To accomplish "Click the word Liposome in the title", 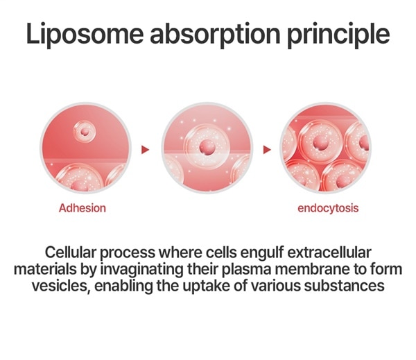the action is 85,35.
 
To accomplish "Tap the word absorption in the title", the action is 215,35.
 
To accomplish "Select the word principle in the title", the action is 338,35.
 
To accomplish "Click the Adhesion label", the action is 83,208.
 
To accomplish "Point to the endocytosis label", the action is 328,208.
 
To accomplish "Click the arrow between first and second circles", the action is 146,149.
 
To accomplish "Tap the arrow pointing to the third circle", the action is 267,149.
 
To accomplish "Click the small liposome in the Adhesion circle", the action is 85,131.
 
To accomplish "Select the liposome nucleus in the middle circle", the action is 207,148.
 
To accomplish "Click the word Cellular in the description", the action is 70,252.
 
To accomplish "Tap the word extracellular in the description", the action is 329,252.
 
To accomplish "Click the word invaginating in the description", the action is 141,270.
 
